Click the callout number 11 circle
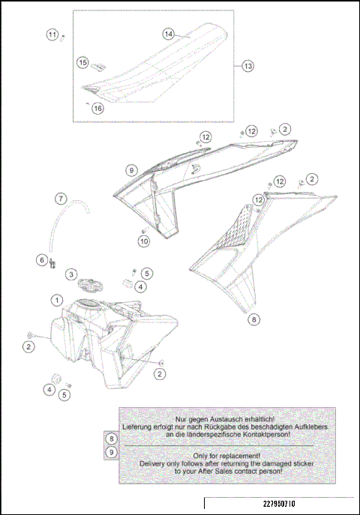[x=52, y=35]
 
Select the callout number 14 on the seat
[x=169, y=34]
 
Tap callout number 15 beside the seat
[x=83, y=63]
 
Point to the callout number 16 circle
[x=97, y=108]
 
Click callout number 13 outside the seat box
[x=247, y=66]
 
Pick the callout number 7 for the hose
[x=61, y=199]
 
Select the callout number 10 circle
[x=144, y=241]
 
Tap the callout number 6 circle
[x=43, y=259]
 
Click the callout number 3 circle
[x=70, y=275]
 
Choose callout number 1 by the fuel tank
[x=56, y=300]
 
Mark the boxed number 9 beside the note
[x=111, y=452]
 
